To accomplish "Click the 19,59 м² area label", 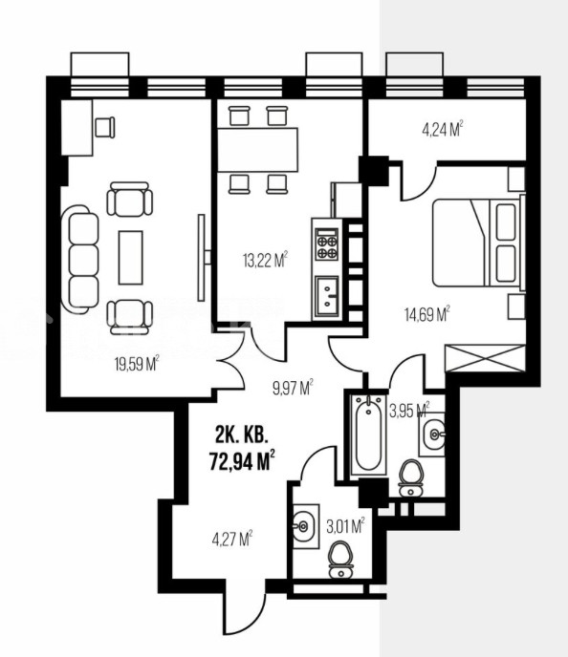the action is (x=137, y=364).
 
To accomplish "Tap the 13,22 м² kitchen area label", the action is (x=265, y=260).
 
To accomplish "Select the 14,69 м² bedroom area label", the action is (x=427, y=314).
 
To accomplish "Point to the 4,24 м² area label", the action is (x=442, y=129).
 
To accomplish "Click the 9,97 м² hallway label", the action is (x=293, y=388).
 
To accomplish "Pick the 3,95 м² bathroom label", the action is (x=409, y=411).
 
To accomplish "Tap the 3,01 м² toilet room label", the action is (x=345, y=526).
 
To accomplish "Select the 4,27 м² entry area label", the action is (x=232, y=539).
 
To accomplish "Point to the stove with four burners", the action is (x=327, y=244).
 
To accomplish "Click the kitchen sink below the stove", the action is (x=327, y=294).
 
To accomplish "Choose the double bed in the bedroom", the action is (x=477, y=243).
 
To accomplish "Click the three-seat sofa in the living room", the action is (x=80, y=259).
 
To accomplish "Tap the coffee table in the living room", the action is (x=130, y=257).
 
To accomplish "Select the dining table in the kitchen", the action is (x=257, y=150).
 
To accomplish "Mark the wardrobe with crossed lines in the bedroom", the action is (x=485, y=358).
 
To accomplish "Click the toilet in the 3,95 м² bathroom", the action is (x=411, y=478).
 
